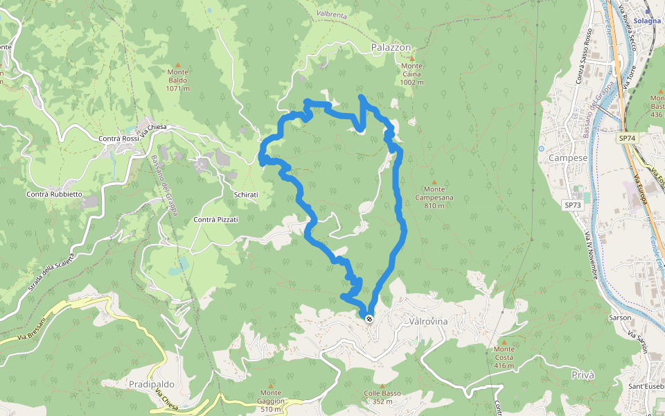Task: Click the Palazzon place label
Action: click(x=391, y=47)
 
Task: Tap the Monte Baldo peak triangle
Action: click(x=178, y=64)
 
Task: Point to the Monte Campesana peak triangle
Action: click(x=434, y=182)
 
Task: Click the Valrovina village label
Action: click(x=429, y=322)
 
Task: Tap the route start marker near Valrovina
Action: click(x=370, y=319)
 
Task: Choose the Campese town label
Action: click(x=568, y=157)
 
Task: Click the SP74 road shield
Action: click(x=627, y=139)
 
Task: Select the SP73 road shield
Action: click(x=573, y=205)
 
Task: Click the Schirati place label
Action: click(x=246, y=195)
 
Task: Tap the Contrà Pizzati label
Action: click(x=216, y=219)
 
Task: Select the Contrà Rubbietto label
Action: click(x=55, y=194)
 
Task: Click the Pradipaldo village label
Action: click(x=151, y=383)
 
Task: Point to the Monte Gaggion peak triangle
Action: click(x=271, y=385)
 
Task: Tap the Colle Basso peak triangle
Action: click(x=382, y=385)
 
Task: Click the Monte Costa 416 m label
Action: click(x=504, y=357)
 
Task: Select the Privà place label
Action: click(x=583, y=374)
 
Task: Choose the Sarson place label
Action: click(x=620, y=318)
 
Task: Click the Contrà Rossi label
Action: click(x=120, y=139)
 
